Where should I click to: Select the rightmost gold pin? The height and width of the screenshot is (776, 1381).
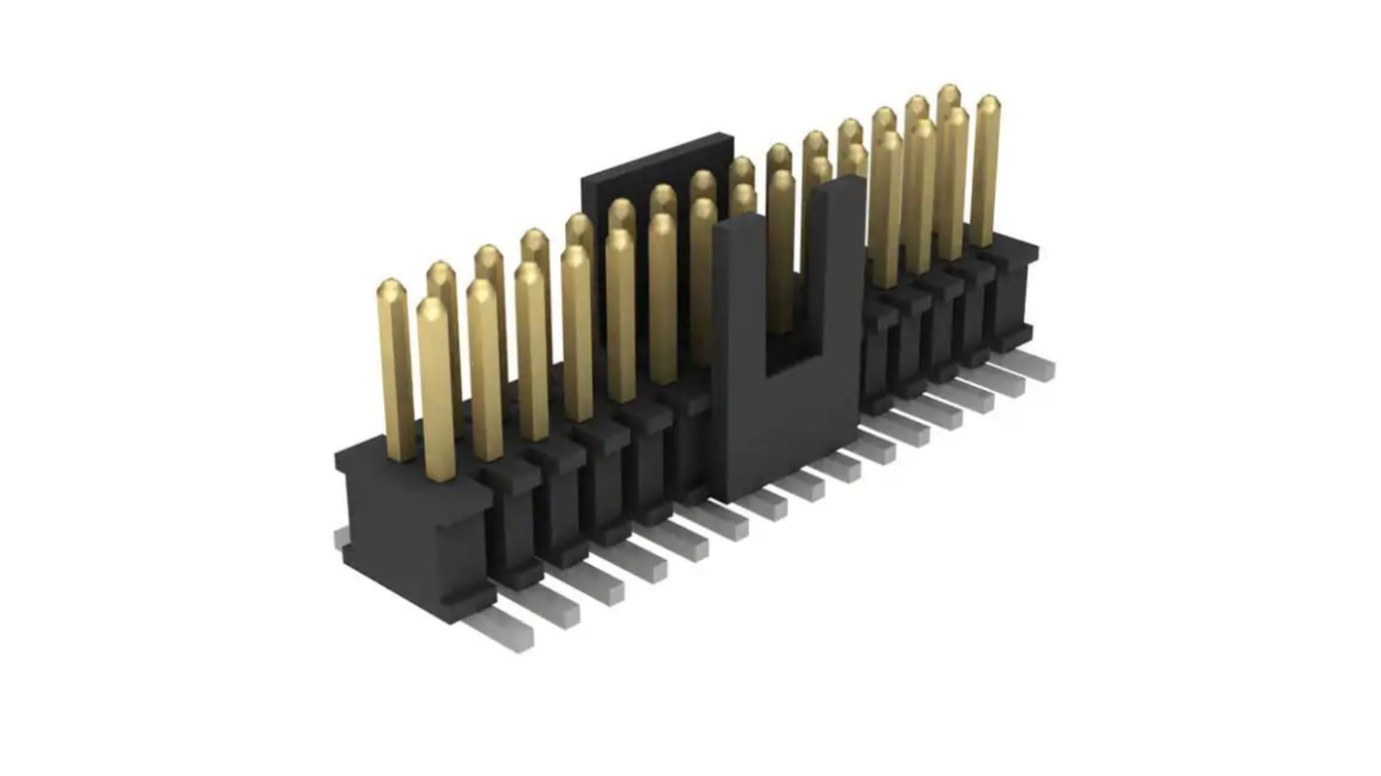(985, 170)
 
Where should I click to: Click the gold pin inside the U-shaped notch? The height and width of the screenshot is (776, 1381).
(780, 253)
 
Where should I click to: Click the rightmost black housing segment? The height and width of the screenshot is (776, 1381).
(1011, 292)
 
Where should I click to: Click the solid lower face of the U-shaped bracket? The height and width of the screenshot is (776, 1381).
(788, 428)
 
